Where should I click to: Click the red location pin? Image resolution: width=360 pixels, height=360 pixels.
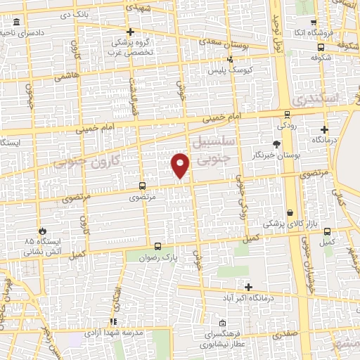pyautogui.click(x=181, y=165)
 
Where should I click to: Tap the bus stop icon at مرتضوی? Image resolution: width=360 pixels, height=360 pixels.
pyautogui.click(x=143, y=186)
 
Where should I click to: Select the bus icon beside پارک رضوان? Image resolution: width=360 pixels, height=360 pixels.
pyautogui.click(x=157, y=247)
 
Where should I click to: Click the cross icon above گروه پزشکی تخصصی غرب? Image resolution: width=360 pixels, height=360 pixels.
pyautogui.click(x=130, y=32)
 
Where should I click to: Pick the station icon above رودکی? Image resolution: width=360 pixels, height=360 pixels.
pyautogui.click(x=287, y=115)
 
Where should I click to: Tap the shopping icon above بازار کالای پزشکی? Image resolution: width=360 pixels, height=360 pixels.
pyautogui.click(x=290, y=212)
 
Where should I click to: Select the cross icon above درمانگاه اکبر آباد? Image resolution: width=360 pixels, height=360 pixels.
pyautogui.click(x=248, y=286)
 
